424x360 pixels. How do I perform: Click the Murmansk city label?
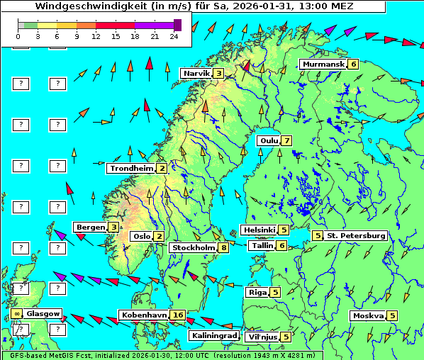point(323,64)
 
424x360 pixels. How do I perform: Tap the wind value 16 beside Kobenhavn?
point(178,315)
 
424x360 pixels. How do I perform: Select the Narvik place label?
point(196,73)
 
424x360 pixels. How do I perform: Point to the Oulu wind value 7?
point(286,140)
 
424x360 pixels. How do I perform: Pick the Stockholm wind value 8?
point(223,247)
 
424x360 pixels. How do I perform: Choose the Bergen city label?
point(90,227)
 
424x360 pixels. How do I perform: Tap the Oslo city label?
point(141,236)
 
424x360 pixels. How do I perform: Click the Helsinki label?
point(258,230)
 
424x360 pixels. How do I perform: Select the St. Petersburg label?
point(355,235)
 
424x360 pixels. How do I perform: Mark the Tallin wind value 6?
point(281,245)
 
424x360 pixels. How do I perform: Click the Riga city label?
point(256,292)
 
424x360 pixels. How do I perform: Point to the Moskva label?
point(367,315)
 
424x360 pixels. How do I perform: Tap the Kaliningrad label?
point(214,336)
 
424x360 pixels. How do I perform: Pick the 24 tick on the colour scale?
point(174,35)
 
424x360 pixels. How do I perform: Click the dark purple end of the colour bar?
point(177,25)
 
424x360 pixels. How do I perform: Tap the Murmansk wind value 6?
point(353,64)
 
